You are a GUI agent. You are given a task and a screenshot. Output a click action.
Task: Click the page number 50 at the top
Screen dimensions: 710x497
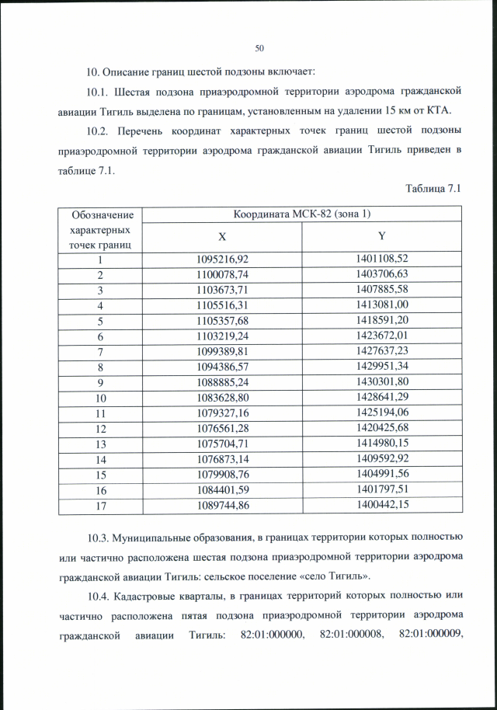pos(259,48)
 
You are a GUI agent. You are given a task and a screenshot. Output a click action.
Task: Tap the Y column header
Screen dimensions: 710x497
pos(381,236)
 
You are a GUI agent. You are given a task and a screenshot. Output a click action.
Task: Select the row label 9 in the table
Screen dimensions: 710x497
pos(100,382)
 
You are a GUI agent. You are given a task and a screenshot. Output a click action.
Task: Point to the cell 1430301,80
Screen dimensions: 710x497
pos(381,382)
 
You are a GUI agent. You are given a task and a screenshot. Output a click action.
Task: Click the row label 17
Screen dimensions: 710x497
pos(100,505)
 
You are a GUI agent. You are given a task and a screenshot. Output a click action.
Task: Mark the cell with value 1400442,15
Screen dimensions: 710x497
pos(381,505)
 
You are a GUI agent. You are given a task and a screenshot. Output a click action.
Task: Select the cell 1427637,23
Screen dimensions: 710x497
pos(381,351)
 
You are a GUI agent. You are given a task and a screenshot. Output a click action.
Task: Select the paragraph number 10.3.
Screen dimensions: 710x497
pos(98,537)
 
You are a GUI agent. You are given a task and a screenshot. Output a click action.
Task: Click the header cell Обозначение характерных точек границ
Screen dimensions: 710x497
pos(100,230)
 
